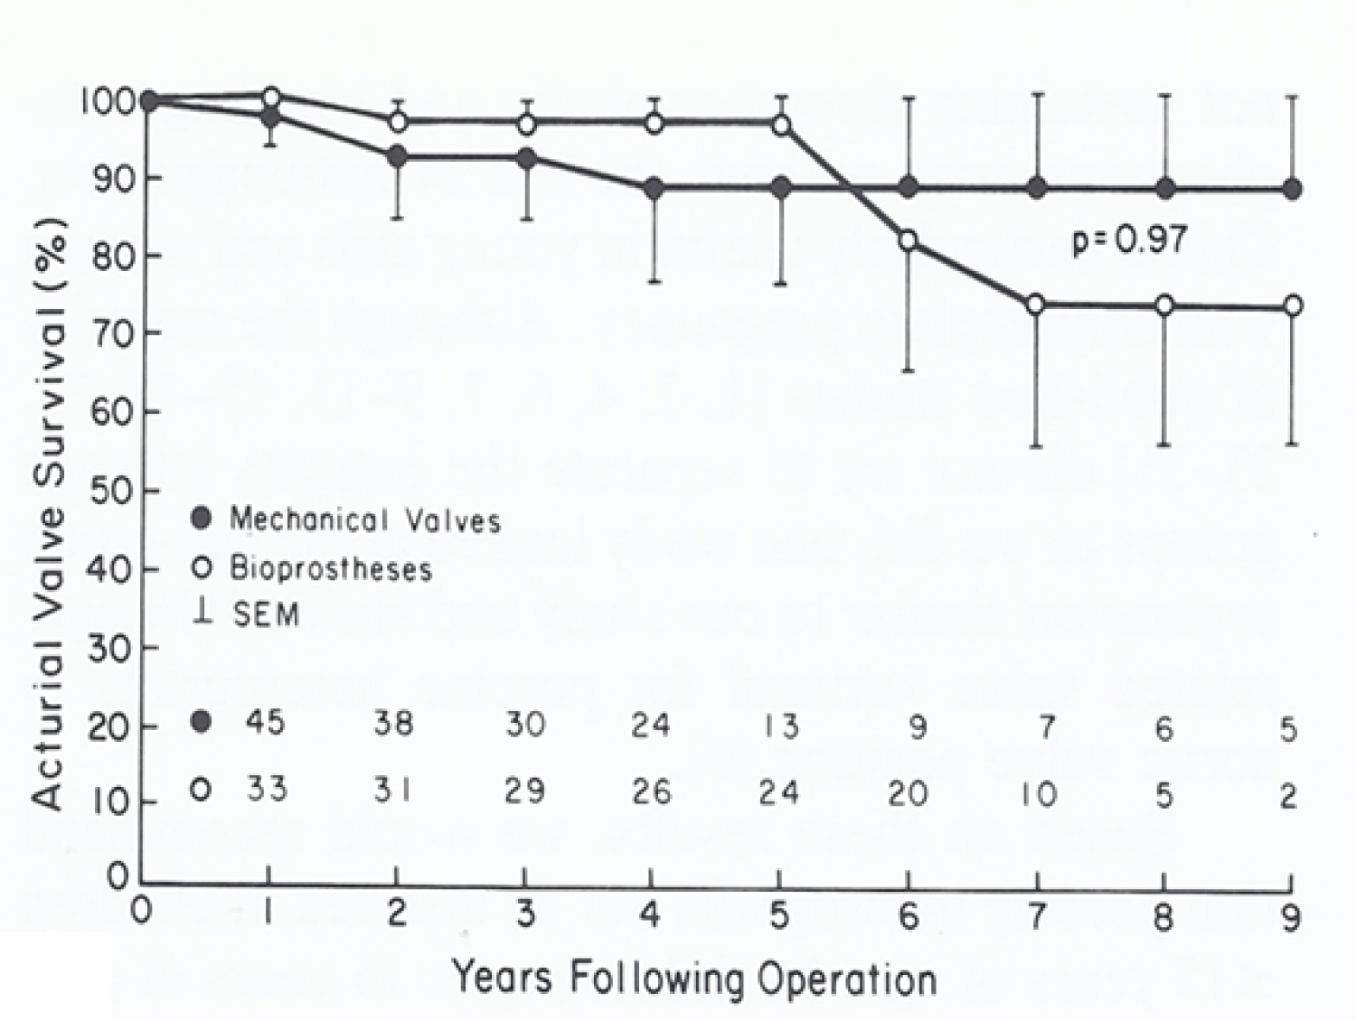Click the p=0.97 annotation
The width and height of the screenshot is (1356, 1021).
pos(1129,240)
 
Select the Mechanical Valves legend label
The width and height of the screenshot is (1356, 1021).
pos(364,520)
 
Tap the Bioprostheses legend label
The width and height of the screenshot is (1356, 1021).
pos(330,569)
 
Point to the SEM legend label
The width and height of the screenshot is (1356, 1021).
pos(265,615)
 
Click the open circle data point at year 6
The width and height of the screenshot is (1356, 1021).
pos(909,240)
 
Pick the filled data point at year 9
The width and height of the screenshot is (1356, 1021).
pos(1293,189)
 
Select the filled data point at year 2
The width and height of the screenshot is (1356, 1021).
pos(396,156)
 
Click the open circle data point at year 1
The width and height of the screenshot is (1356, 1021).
pos(270,97)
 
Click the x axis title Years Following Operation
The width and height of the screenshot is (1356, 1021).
pos(693,979)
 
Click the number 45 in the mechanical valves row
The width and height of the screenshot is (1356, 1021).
pos(265,723)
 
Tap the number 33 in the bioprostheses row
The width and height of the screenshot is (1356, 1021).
pos(267,789)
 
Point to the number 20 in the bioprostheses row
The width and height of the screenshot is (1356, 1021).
pos(907,793)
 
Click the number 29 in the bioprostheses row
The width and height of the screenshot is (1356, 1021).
pos(524,791)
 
